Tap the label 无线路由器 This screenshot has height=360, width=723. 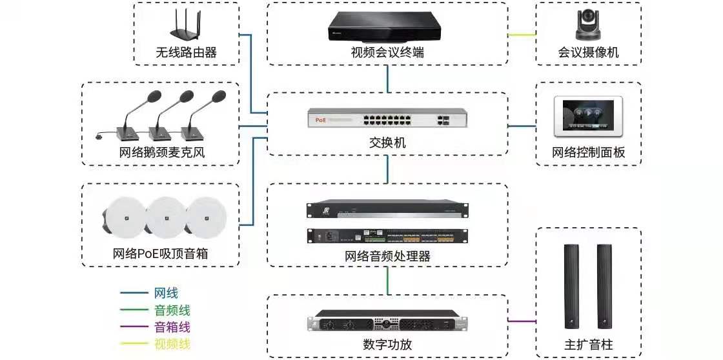pyautogui.click(x=186, y=53)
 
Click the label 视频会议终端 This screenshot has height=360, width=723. pyautogui.click(x=387, y=53)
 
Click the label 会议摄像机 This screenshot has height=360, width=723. pyautogui.click(x=589, y=53)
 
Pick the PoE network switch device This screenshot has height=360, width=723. pyautogui.click(x=387, y=119)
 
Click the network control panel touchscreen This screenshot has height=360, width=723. pyautogui.click(x=589, y=117)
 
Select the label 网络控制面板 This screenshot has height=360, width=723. pyautogui.click(x=589, y=154)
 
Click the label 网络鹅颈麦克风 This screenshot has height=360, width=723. pyautogui.click(x=167, y=154)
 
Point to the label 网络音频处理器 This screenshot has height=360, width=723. pyautogui.click(x=387, y=256)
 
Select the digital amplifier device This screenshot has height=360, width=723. pyautogui.click(x=387, y=322)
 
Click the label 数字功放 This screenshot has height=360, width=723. pyautogui.click(x=387, y=345)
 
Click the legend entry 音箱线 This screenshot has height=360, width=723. pyautogui.click(x=172, y=327)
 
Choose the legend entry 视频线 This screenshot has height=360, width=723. pyautogui.click(x=172, y=344)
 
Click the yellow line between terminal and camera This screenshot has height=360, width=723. pyautogui.click(x=522, y=34)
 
